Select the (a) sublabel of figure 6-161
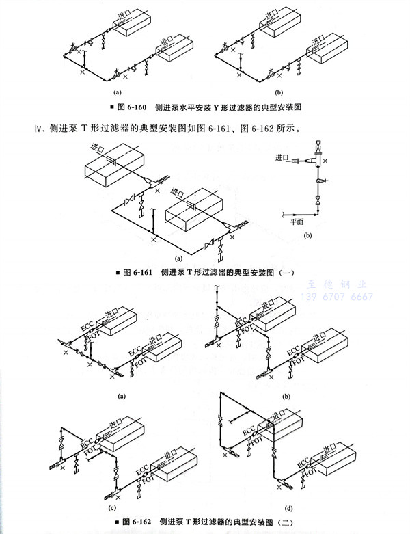coord(179,259)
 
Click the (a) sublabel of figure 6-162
coord(121,396)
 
